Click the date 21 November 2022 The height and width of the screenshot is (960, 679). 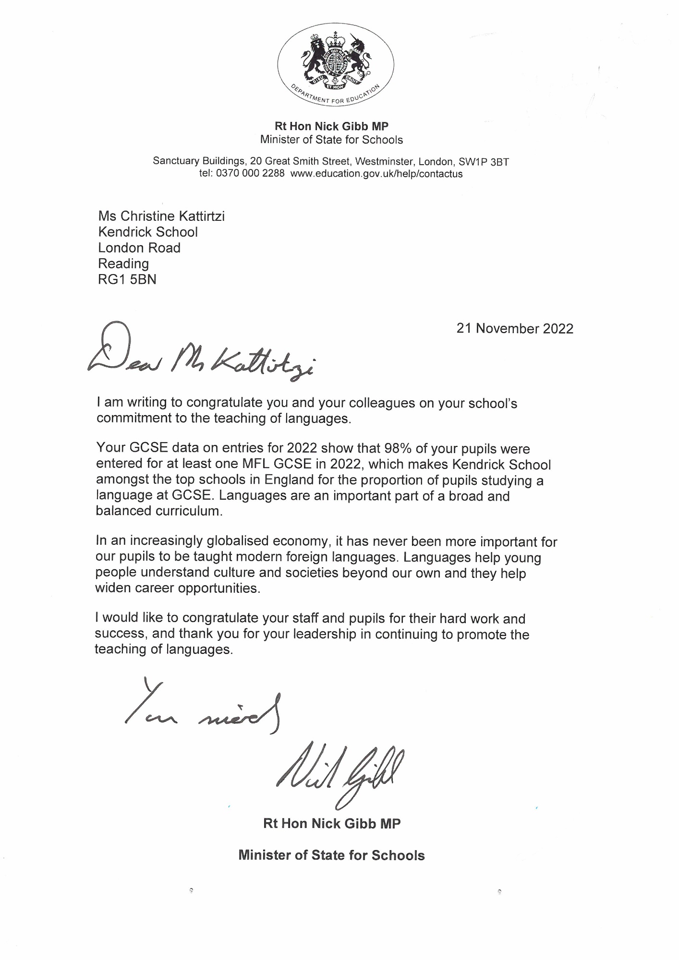[x=515, y=329]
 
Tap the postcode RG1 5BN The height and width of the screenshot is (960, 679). [x=127, y=279]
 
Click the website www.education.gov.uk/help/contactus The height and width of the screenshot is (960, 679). [x=376, y=174]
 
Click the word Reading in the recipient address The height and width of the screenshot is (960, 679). [x=123, y=264]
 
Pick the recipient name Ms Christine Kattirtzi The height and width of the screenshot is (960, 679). [x=161, y=216]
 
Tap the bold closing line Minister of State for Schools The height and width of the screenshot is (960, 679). [x=331, y=855]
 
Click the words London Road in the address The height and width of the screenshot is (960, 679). [x=139, y=248]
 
